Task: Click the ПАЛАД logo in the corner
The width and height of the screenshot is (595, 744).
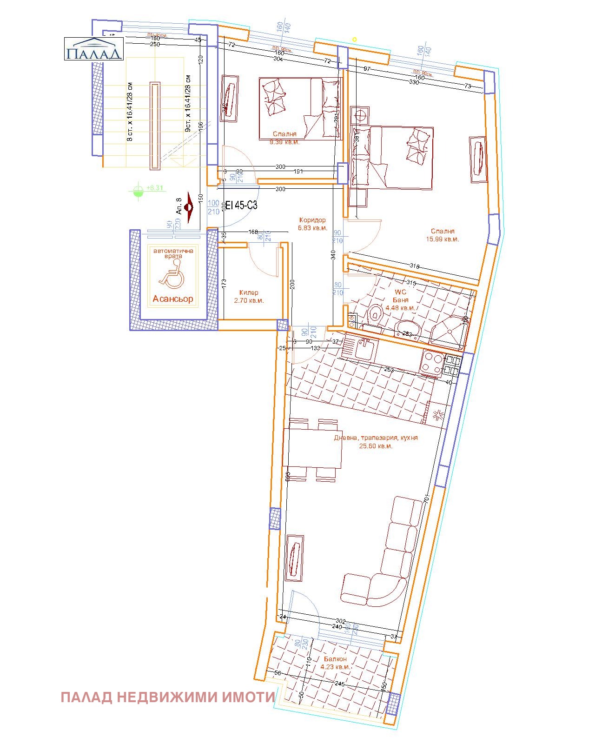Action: (x=93, y=49)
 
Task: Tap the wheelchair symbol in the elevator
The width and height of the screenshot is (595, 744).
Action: (x=172, y=274)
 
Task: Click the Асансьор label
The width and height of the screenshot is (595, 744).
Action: (x=173, y=299)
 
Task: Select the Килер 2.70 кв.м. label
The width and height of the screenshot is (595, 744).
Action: (x=249, y=297)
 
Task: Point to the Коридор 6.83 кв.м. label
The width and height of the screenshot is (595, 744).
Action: (x=312, y=224)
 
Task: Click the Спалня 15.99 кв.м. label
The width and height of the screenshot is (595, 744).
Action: (x=443, y=235)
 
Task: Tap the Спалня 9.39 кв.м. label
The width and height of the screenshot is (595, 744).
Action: (x=284, y=138)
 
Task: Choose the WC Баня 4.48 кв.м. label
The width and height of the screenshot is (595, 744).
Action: (x=400, y=300)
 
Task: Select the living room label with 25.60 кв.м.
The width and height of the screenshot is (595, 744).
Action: (x=376, y=442)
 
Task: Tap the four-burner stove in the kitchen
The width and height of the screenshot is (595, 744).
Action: (x=432, y=363)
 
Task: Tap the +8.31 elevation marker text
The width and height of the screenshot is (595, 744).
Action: (x=155, y=188)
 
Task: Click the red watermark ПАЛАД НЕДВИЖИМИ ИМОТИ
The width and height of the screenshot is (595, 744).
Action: (x=168, y=697)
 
